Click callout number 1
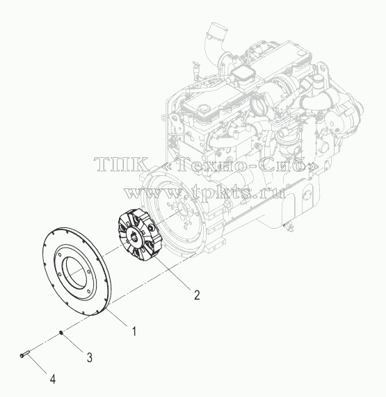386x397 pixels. click(134, 332)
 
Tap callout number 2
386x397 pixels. click(197, 295)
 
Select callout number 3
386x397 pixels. click(90, 357)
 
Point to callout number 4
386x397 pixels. click(53, 379)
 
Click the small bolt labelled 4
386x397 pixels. click(25, 353)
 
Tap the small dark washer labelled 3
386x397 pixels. click(61, 332)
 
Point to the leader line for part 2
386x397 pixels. click(173, 273)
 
